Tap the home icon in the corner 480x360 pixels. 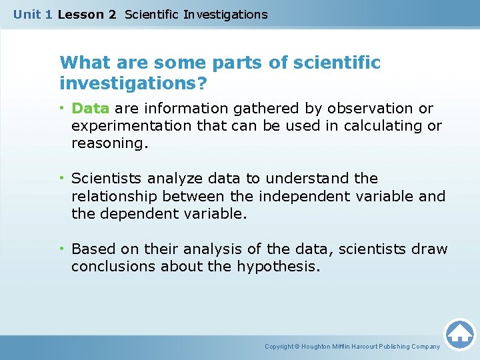click(x=459, y=334)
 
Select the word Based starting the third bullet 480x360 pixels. click(x=90, y=249)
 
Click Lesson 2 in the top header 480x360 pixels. click(x=86, y=15)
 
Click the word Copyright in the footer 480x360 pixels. click(x=279, y=347)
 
